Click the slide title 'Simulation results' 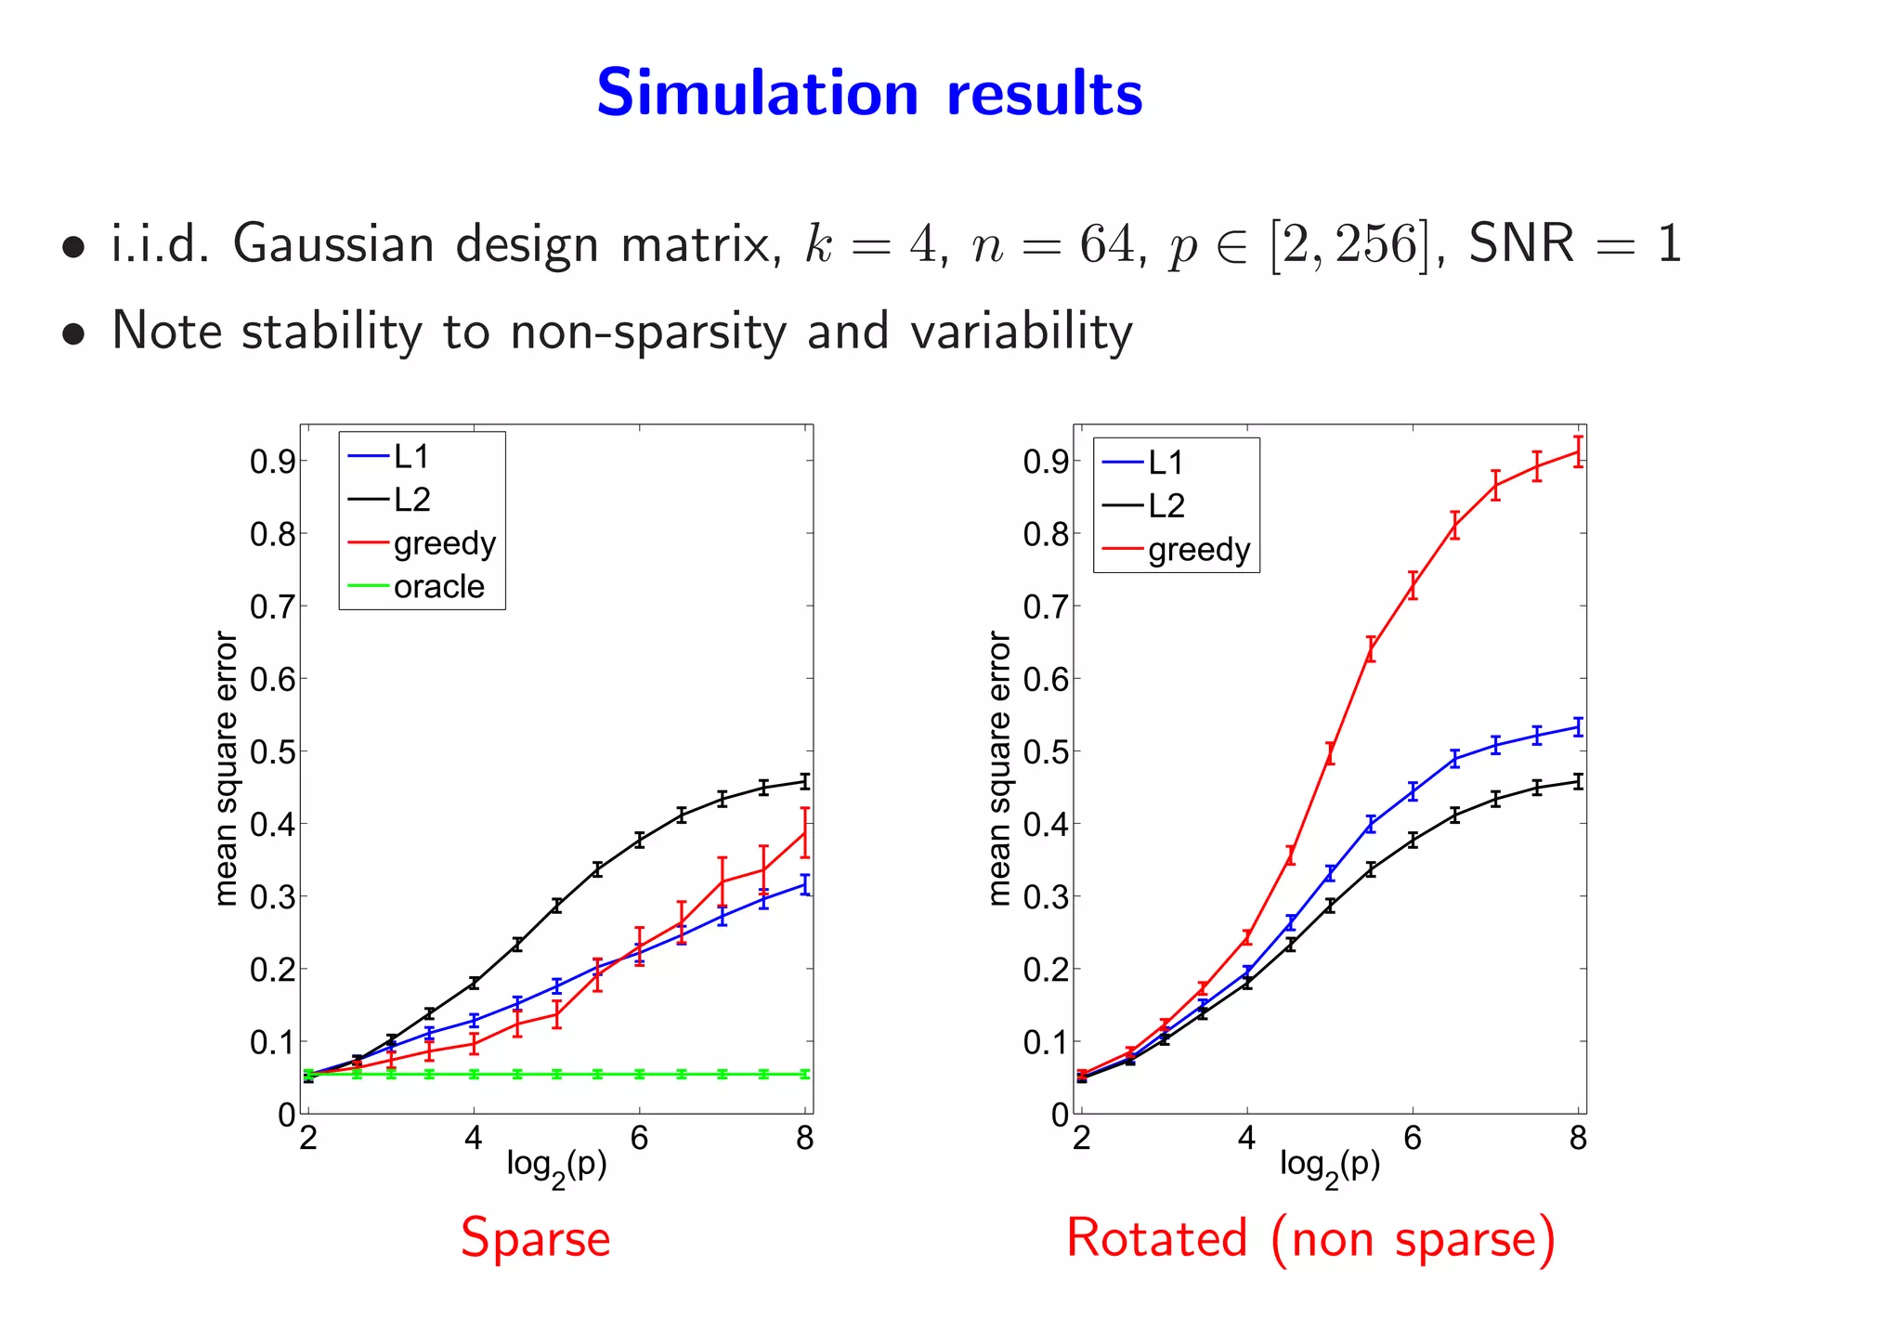[869, 94]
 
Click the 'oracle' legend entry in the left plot [438, 587]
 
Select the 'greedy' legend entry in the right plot [1199, 550]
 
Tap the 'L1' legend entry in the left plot [411, 457]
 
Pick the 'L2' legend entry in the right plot [1166, 506]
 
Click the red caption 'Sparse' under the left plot [536, 1238]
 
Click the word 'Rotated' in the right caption [1156, 1238]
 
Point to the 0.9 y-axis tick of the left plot [271, 462]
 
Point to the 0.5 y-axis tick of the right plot [1045, 751]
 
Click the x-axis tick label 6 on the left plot [639, 1139]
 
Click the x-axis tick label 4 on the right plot [1247, 1139]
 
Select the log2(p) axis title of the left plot [556, 1167]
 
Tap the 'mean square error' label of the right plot [999, 768]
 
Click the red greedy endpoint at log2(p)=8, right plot [1578, 452]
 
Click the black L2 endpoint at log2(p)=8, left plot [805, 781]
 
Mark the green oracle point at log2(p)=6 [639, 1075]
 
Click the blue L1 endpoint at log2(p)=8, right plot [1578, 727]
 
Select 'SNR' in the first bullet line [1521, 244]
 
